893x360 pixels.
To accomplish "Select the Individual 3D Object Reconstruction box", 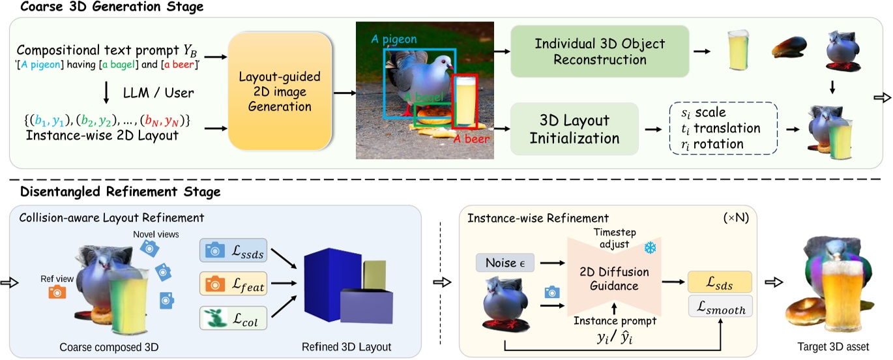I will coord(599,52).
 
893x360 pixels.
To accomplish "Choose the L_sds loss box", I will coord(719,282).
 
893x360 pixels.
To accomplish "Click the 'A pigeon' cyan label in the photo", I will coord(394,39).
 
